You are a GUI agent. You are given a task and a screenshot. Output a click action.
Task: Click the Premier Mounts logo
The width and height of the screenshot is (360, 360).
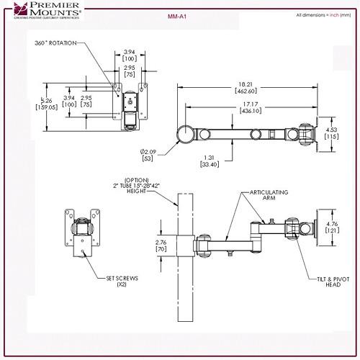(42, 11)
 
